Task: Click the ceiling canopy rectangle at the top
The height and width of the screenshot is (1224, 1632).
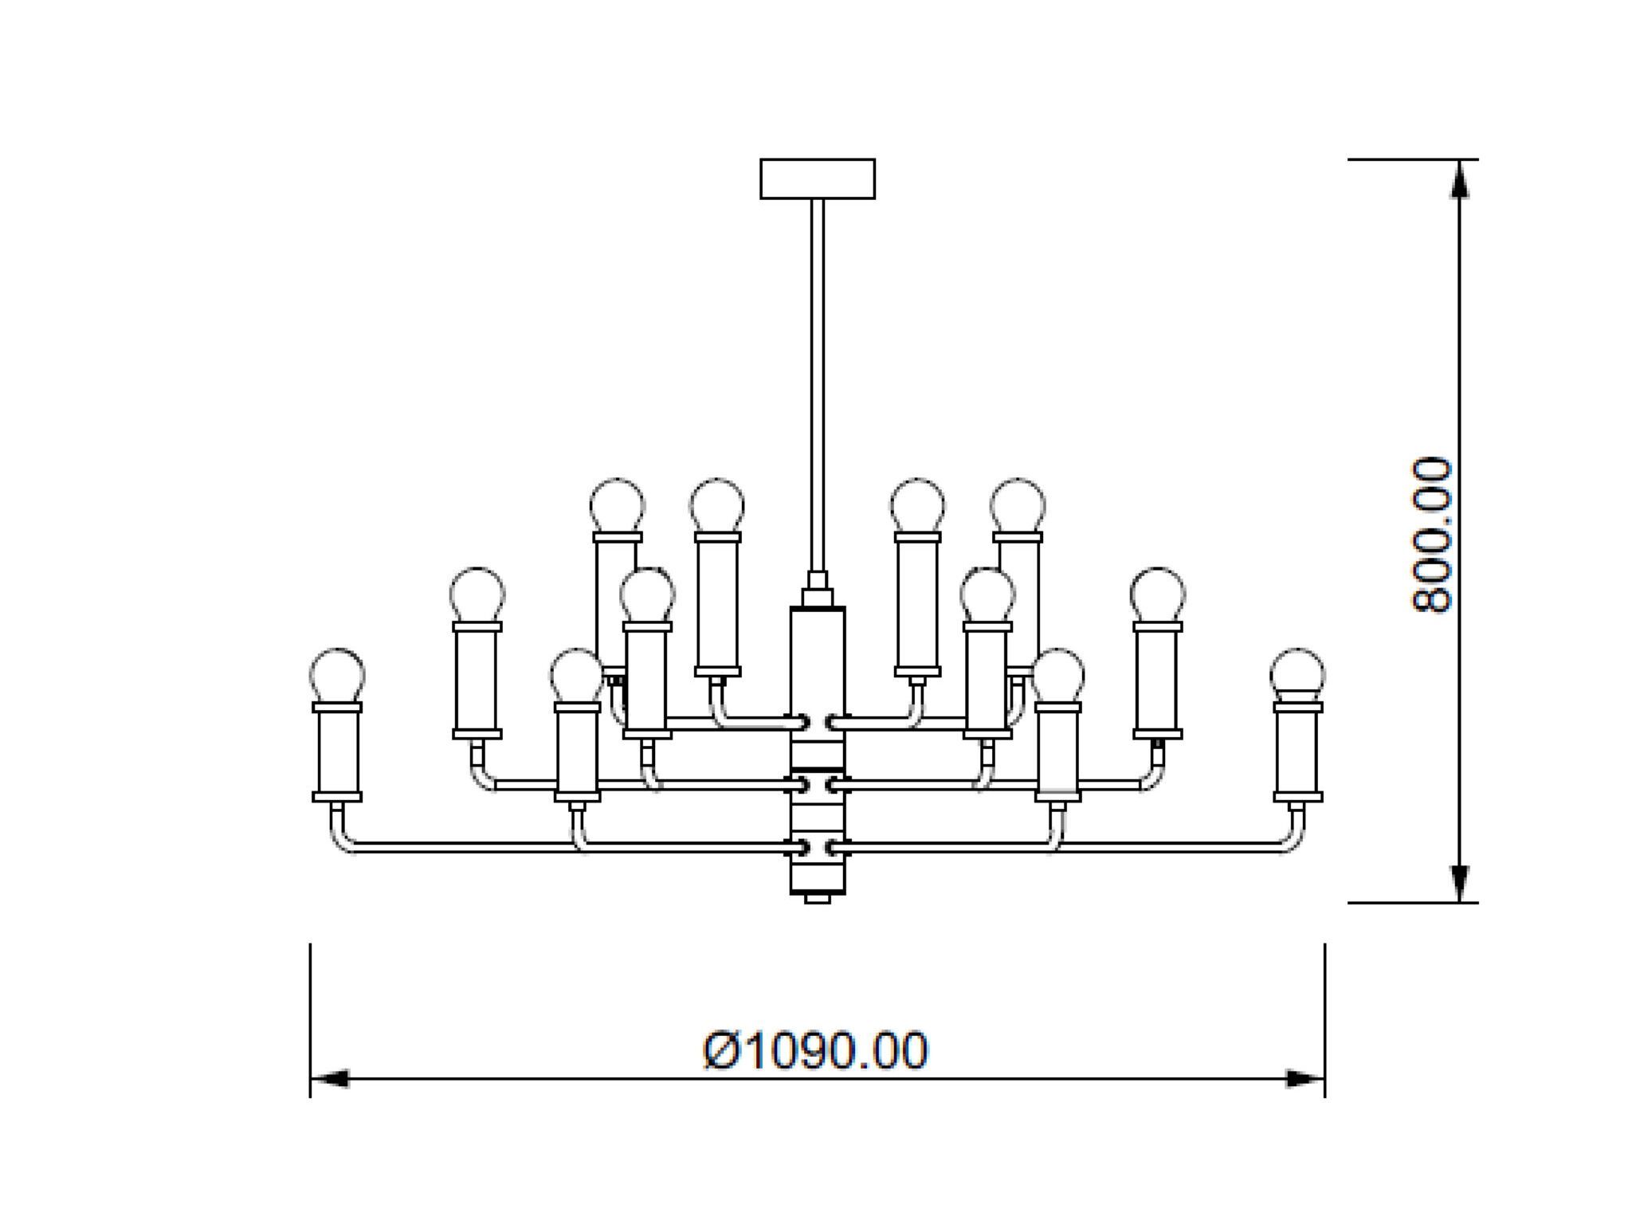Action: pos(818,178)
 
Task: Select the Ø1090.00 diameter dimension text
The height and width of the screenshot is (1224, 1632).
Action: pos(816,1050)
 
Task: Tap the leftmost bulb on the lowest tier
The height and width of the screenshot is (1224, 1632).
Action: pos(336,675)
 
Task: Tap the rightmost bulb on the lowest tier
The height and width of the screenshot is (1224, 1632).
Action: pos(1297,675)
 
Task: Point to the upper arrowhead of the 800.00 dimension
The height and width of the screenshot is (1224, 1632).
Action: pos(1459,179)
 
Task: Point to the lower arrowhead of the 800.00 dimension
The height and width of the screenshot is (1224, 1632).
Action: pos(1459,883)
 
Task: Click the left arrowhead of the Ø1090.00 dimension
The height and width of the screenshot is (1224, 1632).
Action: pos(329,1079)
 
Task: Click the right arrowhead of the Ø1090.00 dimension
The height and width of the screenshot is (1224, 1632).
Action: pos(1305,1079)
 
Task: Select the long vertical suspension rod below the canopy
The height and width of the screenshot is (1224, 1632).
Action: pos(818,382)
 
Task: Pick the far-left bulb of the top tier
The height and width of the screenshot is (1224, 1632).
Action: pos(618,505)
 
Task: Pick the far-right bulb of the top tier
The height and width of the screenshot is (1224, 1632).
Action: pos(1018,505)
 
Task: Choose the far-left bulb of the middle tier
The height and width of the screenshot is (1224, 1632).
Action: pos(477,594)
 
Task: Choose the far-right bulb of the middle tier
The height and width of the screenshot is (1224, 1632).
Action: pos(1158,594)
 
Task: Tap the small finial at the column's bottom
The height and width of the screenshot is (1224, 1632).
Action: pos(818,899)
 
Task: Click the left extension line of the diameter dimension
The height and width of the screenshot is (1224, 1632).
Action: pos(310,1020)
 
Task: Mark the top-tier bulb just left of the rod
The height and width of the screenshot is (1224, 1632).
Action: pos(717,505)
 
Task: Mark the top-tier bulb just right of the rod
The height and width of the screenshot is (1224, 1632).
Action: pos(918,505)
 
